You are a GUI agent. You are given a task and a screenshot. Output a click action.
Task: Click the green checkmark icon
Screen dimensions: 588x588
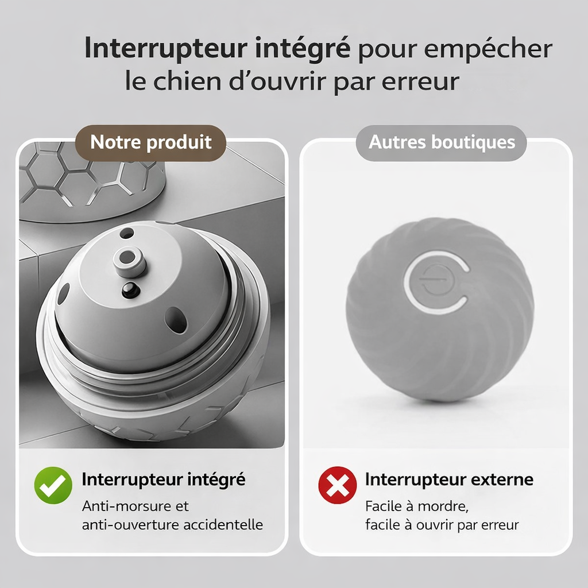[53, 485]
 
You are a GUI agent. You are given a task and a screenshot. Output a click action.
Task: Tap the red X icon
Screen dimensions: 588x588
[337, 485]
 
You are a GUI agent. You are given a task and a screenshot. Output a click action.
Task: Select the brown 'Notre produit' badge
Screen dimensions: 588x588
[151, 142]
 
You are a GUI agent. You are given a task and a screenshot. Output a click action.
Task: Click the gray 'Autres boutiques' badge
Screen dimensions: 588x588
[442, 142]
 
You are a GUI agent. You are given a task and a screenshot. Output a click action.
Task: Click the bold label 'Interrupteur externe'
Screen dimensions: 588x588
[449, 479]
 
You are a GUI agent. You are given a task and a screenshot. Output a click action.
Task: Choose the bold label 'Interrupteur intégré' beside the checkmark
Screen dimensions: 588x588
[164, 479]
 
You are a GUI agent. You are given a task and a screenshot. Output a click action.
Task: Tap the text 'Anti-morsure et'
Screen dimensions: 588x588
[136, 506]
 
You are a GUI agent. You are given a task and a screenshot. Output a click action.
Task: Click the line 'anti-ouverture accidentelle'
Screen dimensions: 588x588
[172, 525]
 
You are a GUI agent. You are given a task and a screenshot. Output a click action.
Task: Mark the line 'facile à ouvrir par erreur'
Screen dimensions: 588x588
[442, 525]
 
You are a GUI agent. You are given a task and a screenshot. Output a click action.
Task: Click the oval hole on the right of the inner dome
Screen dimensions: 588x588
[175, 316]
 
